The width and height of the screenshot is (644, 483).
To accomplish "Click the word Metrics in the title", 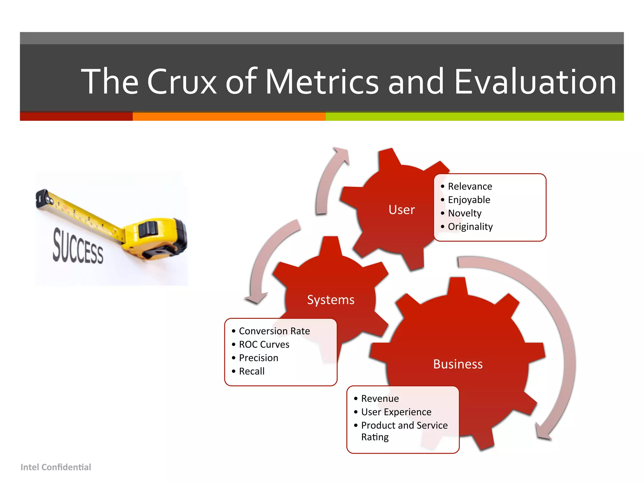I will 322,82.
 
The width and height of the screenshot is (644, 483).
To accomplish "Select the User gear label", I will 402,210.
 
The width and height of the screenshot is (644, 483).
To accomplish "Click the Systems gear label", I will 330,300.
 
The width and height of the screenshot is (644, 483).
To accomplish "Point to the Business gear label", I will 458,364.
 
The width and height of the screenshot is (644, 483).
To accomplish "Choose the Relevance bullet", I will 470,186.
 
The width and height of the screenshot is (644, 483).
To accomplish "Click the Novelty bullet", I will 464,213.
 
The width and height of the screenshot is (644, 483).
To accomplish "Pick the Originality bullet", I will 470,227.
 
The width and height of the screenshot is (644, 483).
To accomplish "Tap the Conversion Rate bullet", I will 274,331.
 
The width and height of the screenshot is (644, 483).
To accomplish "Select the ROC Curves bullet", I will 264,345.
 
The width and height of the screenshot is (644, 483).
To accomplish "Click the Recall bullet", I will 252,371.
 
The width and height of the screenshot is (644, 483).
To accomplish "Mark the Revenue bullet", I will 380,399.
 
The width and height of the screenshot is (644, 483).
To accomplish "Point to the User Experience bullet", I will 396,412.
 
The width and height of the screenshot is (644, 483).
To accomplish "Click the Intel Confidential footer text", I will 56,467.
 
